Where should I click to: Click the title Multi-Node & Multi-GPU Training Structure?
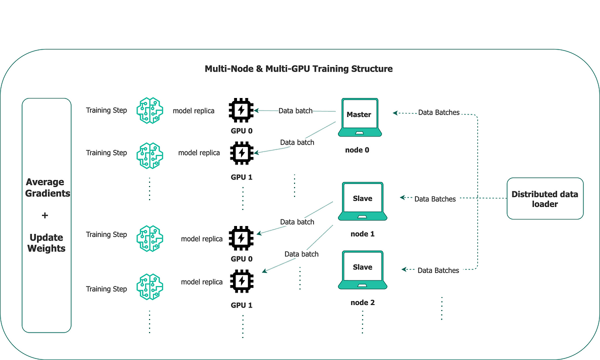pos(298,69)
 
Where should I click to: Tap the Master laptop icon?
pos(359,117)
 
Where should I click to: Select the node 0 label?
pos(357,150)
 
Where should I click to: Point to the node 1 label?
pos(362,234)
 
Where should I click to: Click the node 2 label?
pos(362,302)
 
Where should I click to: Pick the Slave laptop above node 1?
pos(362,201)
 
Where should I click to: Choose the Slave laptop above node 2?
pos(362,269)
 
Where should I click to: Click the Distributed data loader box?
pos(545,198)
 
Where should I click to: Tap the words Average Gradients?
pos(47,187)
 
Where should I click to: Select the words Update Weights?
pos(46,242)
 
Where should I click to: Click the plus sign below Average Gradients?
pos(45,215)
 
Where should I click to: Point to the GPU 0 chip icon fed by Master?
pos(241,110)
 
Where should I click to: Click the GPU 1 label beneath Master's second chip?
pos(241,177)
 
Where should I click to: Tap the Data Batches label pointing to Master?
pos(439,112)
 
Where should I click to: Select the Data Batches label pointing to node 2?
pos(438,270)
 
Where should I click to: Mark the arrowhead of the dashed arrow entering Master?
pos(394,113)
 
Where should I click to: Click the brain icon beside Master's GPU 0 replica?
pos(149,110)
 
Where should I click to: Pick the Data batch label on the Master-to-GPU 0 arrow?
pos(295,110)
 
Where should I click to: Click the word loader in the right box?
pos(545,204)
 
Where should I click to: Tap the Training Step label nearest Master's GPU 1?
pos(106,152)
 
